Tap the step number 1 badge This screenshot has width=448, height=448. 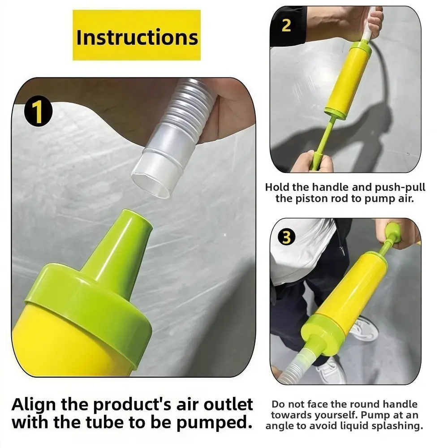tap(39, 112)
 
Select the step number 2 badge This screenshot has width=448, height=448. tap(286, 25)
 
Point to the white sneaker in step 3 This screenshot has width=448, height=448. tap(363, 329)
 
